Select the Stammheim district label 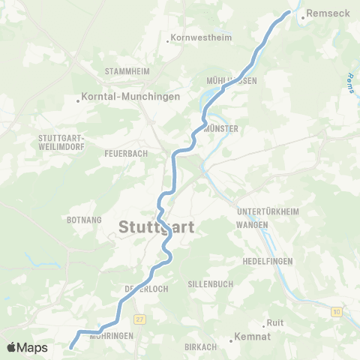pyautogui.click(x=128, y=71)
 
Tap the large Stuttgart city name pyautogui.click(x=156, y=227)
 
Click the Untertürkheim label pyautogui.click(x=268, y=212)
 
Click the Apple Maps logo pyautogui.click(x=26, y=347)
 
